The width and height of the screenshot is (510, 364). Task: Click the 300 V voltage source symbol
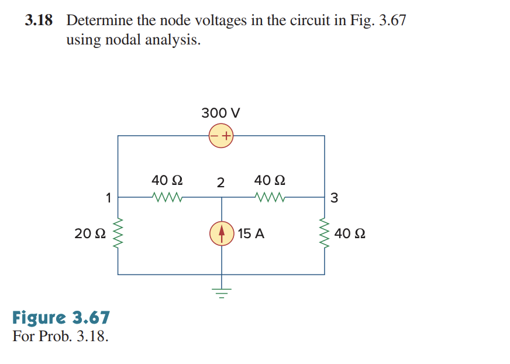221,136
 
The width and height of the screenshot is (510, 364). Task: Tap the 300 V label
220,112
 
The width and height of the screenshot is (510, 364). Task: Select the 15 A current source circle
221,234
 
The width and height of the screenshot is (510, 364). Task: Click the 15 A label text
251,234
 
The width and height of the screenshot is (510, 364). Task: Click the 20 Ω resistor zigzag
119,234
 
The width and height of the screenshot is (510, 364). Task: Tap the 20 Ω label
90,234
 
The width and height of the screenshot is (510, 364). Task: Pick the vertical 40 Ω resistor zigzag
325,234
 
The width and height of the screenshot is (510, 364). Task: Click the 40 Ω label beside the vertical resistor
352,234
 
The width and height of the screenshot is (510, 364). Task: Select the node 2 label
220,183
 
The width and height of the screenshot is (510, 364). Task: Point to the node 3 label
334,198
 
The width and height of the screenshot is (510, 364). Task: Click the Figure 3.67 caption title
61,318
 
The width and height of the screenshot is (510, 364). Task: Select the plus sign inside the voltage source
226,136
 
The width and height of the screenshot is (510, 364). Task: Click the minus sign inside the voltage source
215,136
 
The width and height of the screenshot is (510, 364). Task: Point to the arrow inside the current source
221,233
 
